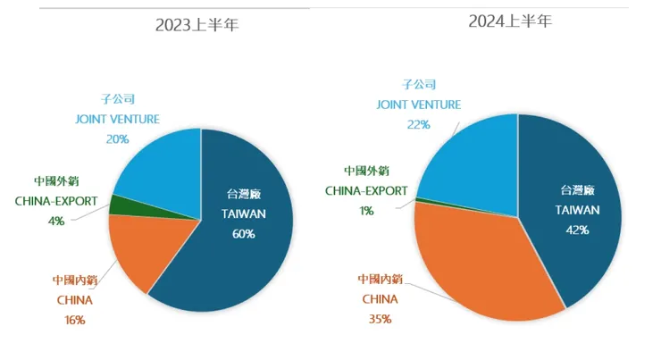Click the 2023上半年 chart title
pos(197,24)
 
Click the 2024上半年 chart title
pos(510,20)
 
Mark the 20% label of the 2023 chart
pos(117,138)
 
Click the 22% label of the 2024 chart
pos(419,124)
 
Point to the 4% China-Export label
pos(55,220)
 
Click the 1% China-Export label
pos(367,210)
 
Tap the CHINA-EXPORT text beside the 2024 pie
pos(366,190)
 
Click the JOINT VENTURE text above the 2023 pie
pos(116,119)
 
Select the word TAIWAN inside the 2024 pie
pos(577,209)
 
